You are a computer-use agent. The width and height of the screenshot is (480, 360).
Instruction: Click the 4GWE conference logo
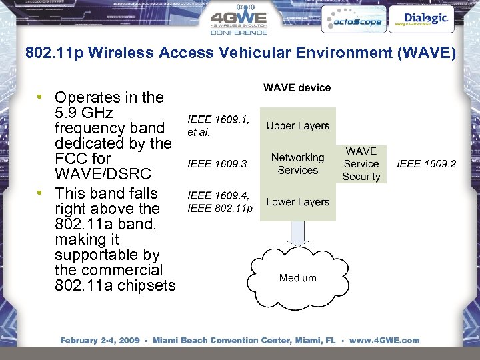(x=239, y=21)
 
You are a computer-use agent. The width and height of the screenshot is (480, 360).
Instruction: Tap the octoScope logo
(x=352, y=20)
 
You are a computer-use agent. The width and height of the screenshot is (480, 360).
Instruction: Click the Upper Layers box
(x=298, y=126)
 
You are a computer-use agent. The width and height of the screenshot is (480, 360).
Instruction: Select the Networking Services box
(x=298, y=164)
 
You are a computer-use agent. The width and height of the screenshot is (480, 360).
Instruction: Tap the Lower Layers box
(x=298, y=202)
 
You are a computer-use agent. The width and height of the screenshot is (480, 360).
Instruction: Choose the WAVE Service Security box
(x=361, y=164)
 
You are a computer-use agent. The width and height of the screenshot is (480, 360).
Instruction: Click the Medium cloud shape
(x=298, y=278)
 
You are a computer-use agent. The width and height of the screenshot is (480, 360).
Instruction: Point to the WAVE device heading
(x=297, y=88)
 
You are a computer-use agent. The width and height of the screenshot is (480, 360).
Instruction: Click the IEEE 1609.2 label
(x=427, y=164)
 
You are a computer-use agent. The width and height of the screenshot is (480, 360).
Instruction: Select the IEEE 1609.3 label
(x=217, y=163)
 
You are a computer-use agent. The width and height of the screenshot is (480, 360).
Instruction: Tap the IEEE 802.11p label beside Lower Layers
(x=220, y=209)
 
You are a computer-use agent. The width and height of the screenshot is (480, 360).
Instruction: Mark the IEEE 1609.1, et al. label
(x=219, y=126)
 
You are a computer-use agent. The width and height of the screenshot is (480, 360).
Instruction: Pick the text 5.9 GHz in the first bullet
(x=84, y=113)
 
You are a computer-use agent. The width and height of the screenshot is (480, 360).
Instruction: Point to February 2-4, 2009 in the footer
(x=100, y=341)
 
